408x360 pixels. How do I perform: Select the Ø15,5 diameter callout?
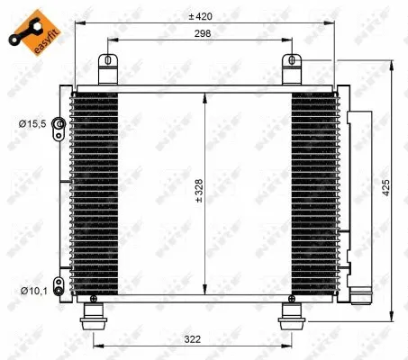pyautogui.click(x=35, y=123)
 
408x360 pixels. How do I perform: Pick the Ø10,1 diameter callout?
pyautogui.click(x=35, y=290)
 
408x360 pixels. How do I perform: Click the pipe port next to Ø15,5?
pyautogui.click(x=59, y=123)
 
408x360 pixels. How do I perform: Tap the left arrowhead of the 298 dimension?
pyautogui.click(x=111, y=40)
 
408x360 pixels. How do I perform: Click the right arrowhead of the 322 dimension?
pyautogui.click(x=288, y=346)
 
